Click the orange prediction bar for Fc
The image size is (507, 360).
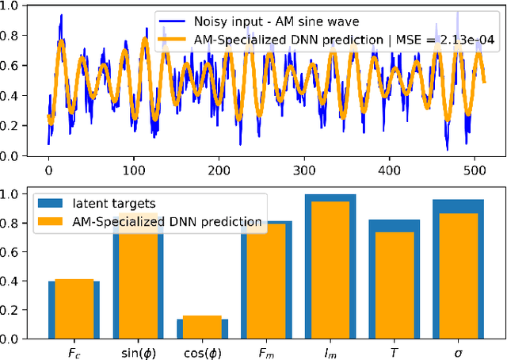[74, 308]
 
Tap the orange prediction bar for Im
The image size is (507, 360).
[330, 270]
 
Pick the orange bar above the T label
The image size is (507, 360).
[395, 285]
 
